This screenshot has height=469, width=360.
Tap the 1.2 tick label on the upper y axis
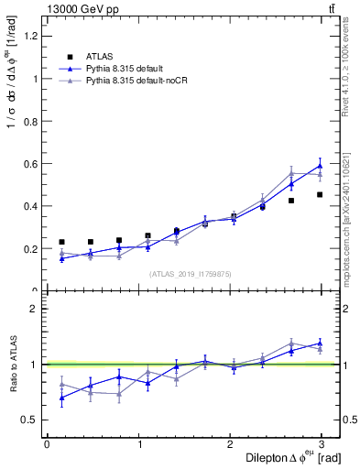point(29,36)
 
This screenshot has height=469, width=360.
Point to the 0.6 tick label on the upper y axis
point(29,164)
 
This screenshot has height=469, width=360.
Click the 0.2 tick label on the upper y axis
point(29,248)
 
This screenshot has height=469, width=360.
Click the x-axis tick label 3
point(322,444)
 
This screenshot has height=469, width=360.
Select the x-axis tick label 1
point(138,444)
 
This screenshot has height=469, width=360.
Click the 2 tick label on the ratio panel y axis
point(33,309)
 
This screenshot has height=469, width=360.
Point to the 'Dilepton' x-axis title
point(273,457)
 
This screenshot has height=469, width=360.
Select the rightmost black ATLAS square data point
point(320,194)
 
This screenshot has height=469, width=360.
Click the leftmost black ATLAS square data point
point(61,242)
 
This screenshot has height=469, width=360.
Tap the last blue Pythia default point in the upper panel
point(320,166)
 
